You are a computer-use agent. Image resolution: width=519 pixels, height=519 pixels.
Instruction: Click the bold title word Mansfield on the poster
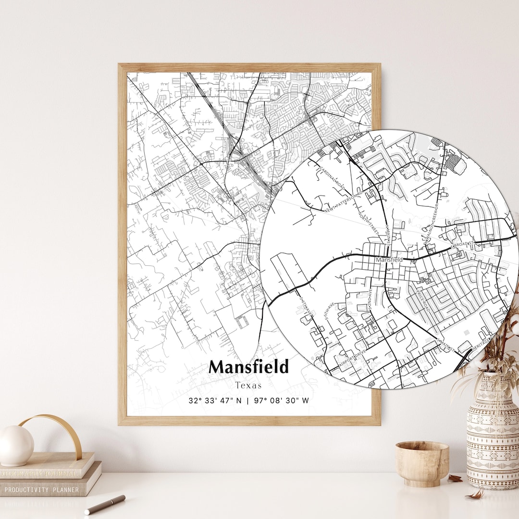(x=249, y=367)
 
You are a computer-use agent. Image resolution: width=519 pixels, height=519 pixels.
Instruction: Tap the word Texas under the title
(x=249, y=385)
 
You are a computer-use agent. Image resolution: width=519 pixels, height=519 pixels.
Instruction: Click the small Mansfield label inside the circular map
(x=389, y=259)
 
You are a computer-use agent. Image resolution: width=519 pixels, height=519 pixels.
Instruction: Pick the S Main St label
(x=446, y=343)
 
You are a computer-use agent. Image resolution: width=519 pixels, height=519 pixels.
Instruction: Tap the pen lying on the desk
(x=105, y=504)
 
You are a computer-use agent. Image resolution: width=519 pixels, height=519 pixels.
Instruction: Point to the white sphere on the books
(x=16, y=445)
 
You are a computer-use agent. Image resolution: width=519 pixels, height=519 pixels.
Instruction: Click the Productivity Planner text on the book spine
(x=41, y=490)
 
